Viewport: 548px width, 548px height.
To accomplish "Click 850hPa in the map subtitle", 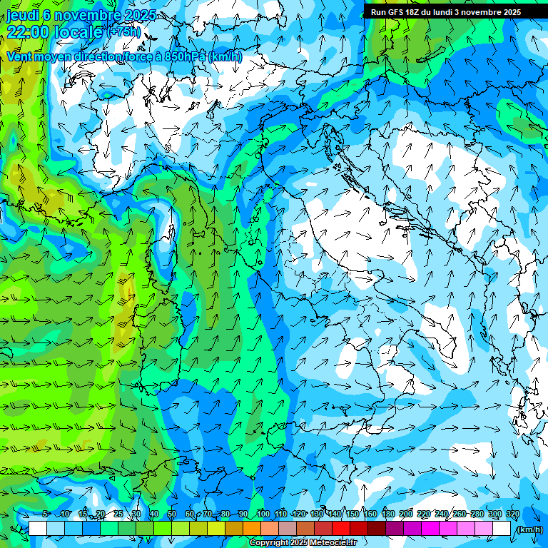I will [x=183, y=56].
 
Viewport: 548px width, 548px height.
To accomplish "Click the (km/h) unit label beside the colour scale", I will [x=529, y=529].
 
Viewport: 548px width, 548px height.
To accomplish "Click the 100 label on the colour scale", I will [x=263, y=514].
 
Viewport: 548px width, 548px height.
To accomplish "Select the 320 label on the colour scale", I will [x=512, y=514].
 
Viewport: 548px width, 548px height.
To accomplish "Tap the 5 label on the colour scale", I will [x=46, y=514].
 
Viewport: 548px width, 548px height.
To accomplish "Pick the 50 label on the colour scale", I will [x=172, y=514].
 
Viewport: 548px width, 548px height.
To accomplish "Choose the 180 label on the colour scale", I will [x=387, y=514].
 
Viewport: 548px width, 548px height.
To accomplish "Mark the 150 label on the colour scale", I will [x=352, y=514].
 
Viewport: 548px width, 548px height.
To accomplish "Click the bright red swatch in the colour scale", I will [x=341, y=529].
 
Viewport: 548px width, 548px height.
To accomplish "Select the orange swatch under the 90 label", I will [x=252, y=529].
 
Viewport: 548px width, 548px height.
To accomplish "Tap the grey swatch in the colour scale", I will [x=288, y=529].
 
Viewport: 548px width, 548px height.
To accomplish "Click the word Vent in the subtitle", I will [x=20, y=56].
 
